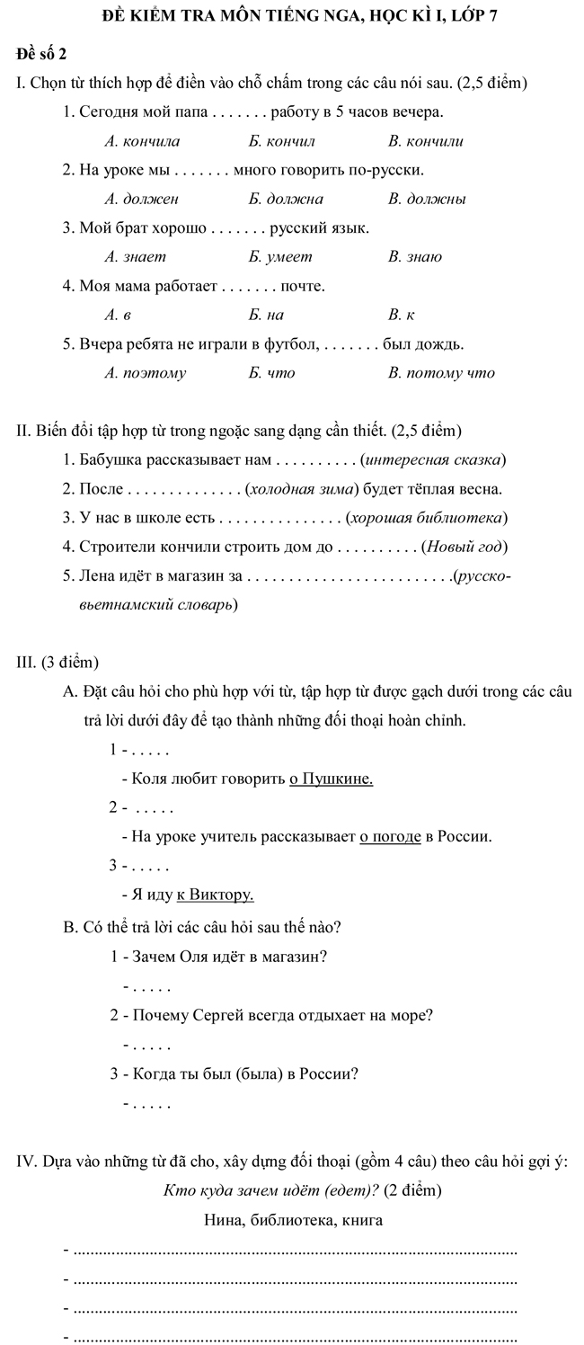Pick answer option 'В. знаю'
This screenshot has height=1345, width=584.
pyautogui.click(x=415, y=257)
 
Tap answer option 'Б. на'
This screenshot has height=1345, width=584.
pyautogui.click(x=267, y=315)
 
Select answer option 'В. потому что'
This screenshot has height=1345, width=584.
pyautogui.click(x=441, y=373)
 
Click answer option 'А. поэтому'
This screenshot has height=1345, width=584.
pyautogui.click(x=146, y=373)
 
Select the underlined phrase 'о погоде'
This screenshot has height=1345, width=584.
pyautogui.click(x=390, y=837)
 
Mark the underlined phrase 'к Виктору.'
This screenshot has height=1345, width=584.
pyautogui.click(x=216, y=895)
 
